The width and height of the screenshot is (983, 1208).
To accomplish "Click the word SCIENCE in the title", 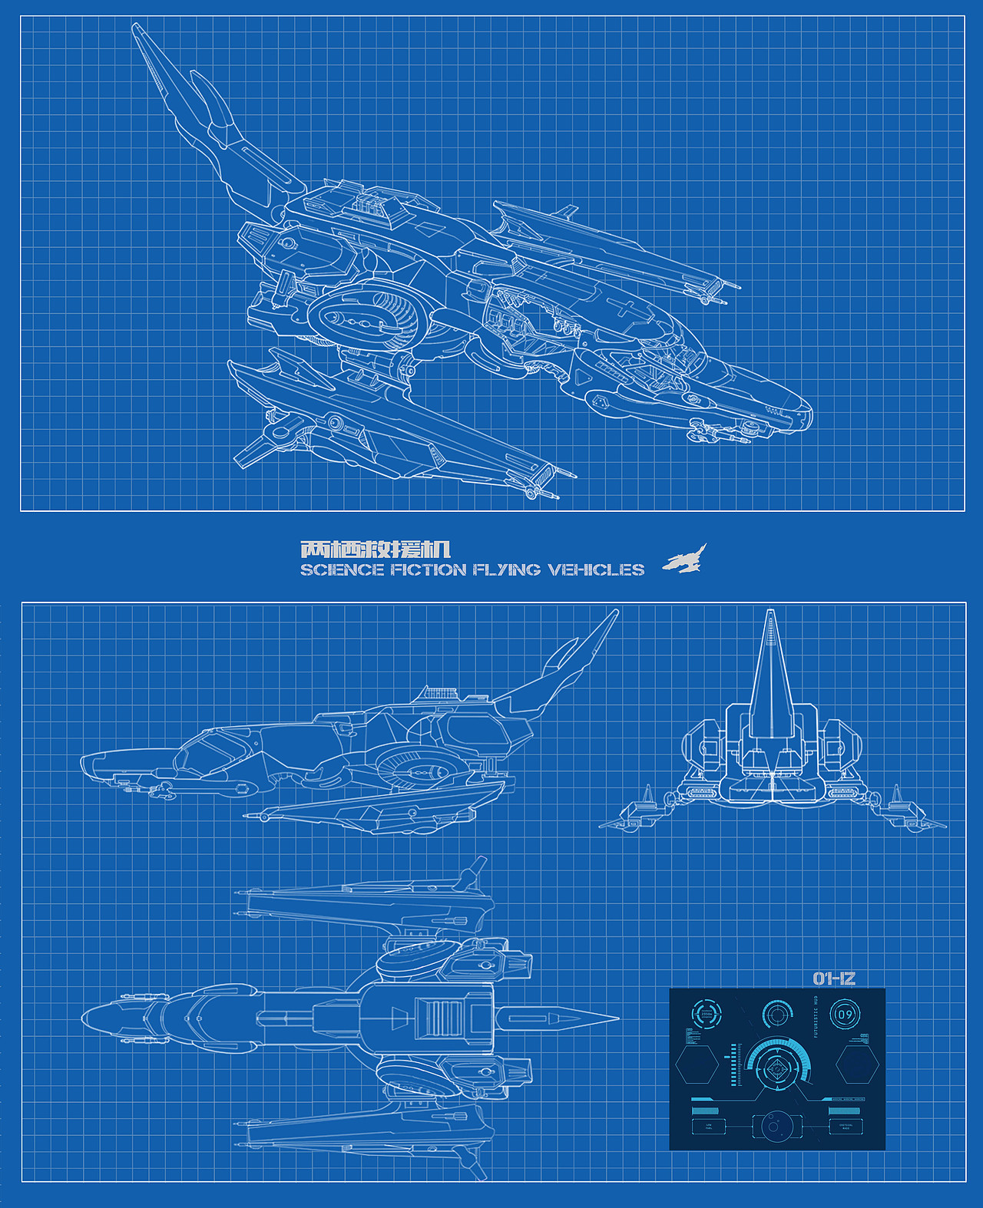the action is coord(342,569).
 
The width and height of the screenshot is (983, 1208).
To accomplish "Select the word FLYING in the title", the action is coord(507,569).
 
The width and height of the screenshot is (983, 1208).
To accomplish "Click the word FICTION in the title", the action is coord(429,569).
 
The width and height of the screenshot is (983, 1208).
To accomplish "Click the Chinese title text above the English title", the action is coord(375,550).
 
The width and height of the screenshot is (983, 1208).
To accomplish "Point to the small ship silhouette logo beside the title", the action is coord(685,559).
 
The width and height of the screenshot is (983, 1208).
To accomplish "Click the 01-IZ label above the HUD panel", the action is coord(834,979).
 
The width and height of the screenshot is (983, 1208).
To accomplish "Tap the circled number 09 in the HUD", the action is coord(845,1015).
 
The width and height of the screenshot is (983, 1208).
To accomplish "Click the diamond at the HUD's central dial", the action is coord(777,1068).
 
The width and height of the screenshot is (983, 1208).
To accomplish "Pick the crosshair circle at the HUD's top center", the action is coord(777,1015).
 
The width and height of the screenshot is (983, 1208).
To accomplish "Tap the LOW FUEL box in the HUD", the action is coord(708,1127).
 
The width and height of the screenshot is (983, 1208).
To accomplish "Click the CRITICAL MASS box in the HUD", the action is coord(846,1127).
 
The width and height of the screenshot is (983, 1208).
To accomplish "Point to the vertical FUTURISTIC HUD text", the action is coord(816,1017).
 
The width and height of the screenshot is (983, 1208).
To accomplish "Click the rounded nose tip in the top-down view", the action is coord(84,1018).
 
